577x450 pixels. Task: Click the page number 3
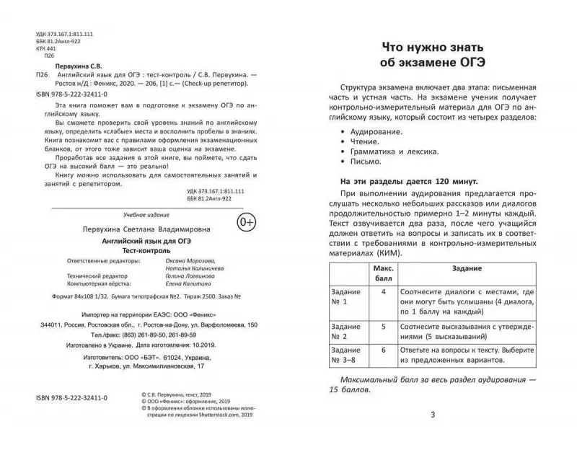click(432, 414)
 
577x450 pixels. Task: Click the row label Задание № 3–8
click(347, 361)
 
